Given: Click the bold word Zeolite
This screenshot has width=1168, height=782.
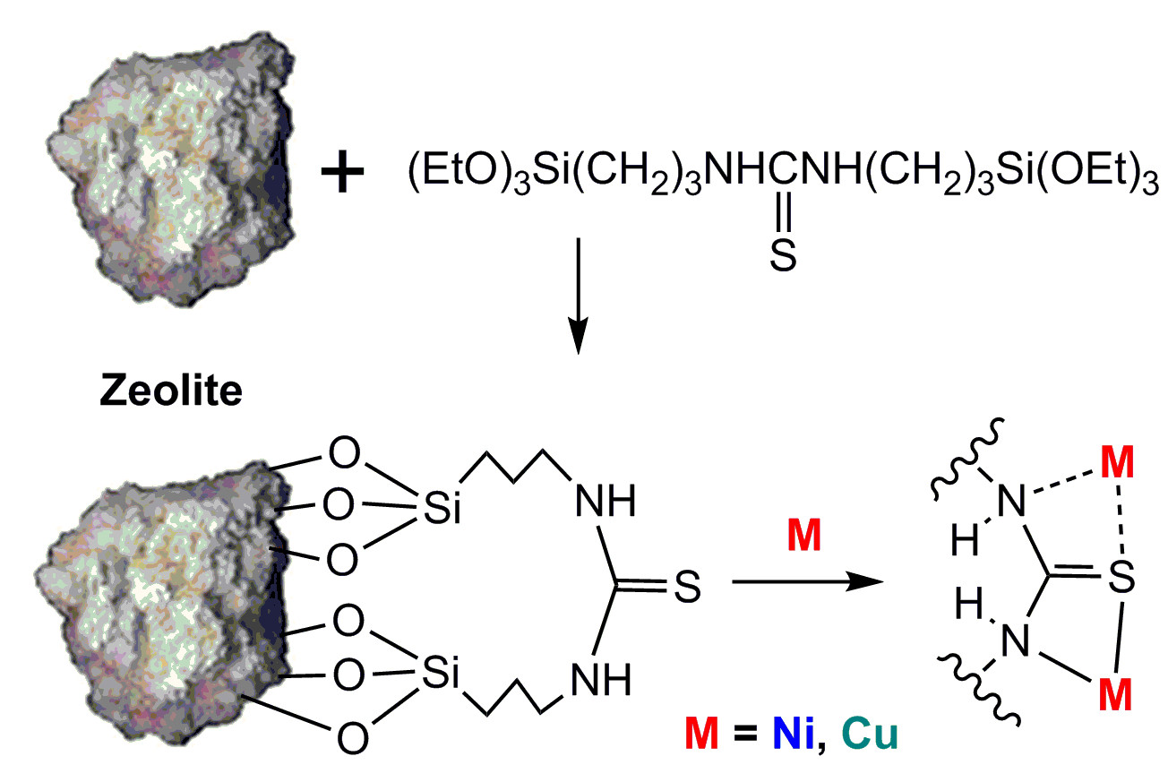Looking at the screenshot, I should coord(169,391).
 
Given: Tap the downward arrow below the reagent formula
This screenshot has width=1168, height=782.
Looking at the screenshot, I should coord(578,295).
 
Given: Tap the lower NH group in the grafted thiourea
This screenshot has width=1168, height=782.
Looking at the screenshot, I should coord(605,683).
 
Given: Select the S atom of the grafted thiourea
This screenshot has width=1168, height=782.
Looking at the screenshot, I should coord(687,589).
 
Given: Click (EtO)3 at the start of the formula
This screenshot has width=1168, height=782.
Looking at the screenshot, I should coord(451,176).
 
